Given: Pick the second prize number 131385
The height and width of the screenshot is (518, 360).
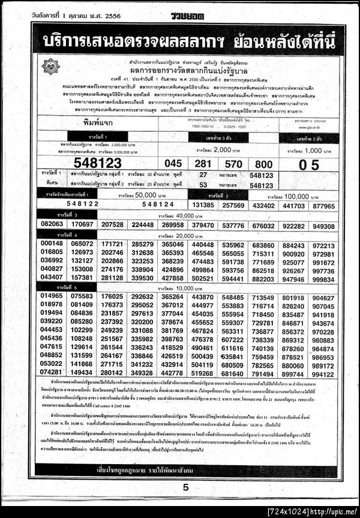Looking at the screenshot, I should (204, 205).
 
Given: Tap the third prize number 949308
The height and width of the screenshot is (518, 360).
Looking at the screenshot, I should (323, 225).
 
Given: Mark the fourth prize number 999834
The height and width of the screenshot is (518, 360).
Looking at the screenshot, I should (323, 279).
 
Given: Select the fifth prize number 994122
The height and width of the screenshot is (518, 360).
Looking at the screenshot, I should (323, 373).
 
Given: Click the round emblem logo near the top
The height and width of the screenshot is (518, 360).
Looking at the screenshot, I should (52, 65).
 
